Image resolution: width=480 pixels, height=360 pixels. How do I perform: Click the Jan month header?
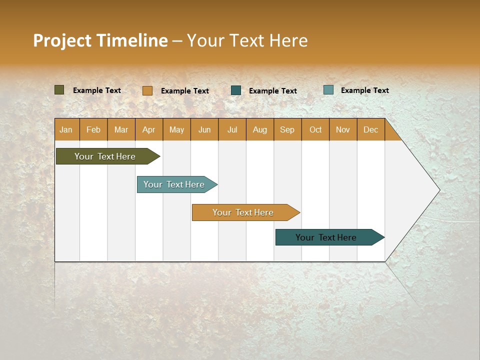coord(66,129)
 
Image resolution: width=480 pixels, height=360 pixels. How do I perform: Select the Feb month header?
coord(93,129)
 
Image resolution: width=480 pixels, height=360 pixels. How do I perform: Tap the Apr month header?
coord(149,129)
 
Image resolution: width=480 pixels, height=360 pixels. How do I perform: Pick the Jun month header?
coord(204,129)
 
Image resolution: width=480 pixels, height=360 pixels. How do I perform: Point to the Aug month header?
coord(260,129)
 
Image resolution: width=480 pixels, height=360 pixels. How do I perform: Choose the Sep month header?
coord(287,129)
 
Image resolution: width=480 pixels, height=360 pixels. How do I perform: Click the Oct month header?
coord(315,129)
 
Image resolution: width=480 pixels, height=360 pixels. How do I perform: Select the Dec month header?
coord(371,129)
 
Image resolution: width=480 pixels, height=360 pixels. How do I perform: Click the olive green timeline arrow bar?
coord(105,156)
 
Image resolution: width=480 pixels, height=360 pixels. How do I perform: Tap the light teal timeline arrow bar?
coord(174,184)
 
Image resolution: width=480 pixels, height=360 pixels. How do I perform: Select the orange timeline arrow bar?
coord(243,212)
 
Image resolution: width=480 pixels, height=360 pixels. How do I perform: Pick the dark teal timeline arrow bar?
coord(326,237)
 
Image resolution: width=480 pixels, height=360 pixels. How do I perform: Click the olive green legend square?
coord(59,90)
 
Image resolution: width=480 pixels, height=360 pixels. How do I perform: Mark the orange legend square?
coord(147,90)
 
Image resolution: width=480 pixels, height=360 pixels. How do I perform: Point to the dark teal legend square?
coord(236,90)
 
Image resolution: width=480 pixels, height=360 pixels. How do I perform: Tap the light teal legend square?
coord(328,90)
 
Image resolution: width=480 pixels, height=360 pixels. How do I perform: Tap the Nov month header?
coord(343,129)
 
